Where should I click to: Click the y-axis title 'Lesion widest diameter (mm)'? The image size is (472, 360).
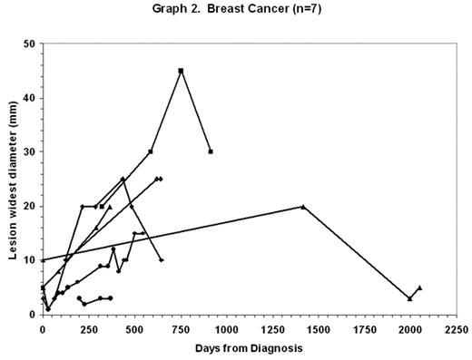(x=15, y=180)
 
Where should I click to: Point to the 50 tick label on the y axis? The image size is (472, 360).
(x=29, y=44)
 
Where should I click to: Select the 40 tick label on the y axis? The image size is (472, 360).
(x=29, y=98)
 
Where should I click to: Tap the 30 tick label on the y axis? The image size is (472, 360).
(x=29, y=151)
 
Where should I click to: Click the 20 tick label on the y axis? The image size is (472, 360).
(x=29, y=206)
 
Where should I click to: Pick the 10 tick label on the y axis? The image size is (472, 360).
(x=29, y=260)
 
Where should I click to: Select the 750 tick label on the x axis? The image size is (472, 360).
(x=181, y=328)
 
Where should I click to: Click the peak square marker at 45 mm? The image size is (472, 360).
(x=181, y=71)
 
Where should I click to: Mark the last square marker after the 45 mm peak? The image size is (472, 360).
(x=211, y=151)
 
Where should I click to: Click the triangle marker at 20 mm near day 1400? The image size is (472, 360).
(x=303, y=206)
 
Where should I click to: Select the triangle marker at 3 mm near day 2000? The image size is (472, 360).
(x=410, y=298)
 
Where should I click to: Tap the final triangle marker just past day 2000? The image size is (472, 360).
(x=419, y=287)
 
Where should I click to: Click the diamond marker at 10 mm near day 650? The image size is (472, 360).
(x=162, y=260)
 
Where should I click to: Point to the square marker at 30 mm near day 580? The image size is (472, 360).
(x=151, y=151)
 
